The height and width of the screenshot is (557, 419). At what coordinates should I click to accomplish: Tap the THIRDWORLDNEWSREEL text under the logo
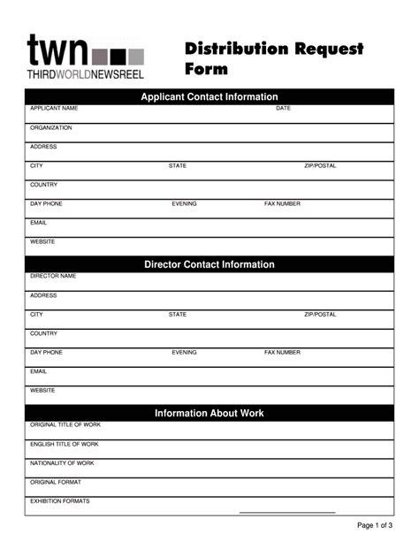click(85, 74)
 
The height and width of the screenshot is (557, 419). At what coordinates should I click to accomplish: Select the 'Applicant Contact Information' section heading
click(209, 97)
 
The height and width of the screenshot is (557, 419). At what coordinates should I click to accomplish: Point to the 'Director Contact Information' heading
click(209, 264)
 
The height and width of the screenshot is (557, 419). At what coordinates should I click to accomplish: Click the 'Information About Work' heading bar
click(209, 413)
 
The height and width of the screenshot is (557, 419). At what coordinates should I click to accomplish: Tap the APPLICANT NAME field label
click(54, 109)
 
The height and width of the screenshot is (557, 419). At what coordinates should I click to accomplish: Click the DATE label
click(283, 109)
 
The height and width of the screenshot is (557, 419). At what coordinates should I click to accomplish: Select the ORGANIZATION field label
click(51, 128)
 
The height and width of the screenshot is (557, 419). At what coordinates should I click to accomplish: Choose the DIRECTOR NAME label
click(53, 276)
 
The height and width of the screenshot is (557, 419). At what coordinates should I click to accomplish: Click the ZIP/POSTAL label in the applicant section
click(320, 166)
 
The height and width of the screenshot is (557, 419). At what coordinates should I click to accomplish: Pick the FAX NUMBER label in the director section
click(282, 353)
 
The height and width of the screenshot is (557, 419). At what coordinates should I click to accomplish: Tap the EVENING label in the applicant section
click(184, 204)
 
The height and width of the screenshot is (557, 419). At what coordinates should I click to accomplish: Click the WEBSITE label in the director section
click(42, 390)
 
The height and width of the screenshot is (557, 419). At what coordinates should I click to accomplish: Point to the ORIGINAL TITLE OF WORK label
click(65, 425)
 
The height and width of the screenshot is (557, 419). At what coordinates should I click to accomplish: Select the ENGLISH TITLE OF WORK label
click(65, 444)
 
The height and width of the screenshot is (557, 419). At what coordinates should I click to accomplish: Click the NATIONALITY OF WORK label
click(62, 463)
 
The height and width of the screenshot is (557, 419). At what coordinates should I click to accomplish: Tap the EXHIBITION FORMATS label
click(60, 501)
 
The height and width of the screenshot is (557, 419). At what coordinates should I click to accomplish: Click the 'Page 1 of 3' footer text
click(375, 526)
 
